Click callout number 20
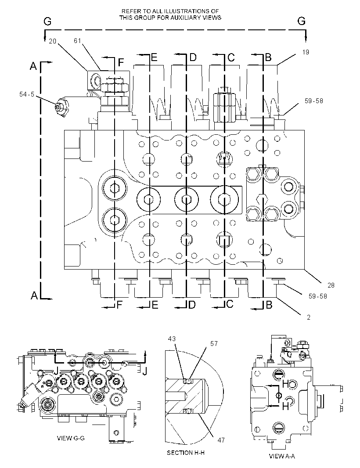pos(52,41)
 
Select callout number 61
pos(77,41)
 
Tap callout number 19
pos(306,52)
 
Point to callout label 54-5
pos(27,94)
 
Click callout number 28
pos(331,285)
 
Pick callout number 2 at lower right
pos(309,317)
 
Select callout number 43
pos(172,339)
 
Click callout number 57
pos(214,344)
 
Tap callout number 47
pos(221,440)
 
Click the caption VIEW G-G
pos(71,438)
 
